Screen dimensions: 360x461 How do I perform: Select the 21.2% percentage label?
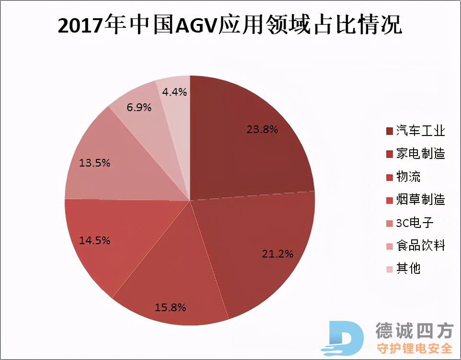click(x=277, y=254)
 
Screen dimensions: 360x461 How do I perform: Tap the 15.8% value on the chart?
click(x=170, y=307)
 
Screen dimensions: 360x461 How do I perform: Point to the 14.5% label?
click(x=94, y=240)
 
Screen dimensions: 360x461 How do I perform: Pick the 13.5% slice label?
click(x=94, y=163)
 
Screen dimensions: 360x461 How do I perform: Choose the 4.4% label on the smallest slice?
click(x=174, y=91)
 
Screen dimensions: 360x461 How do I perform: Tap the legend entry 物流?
click(x=408, y=177)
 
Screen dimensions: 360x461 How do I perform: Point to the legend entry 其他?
click(x=408, y=269)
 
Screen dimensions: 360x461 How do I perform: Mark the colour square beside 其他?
click(x=389, y=269)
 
